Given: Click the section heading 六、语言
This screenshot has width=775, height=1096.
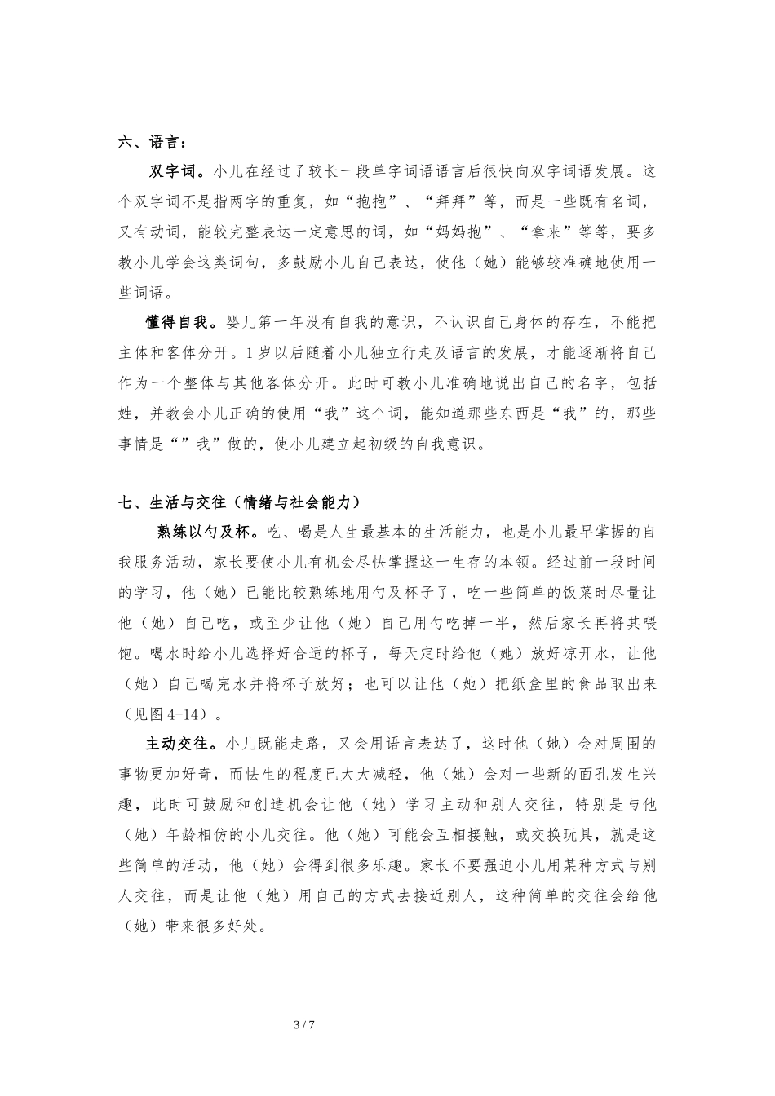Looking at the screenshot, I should click(151, 142).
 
